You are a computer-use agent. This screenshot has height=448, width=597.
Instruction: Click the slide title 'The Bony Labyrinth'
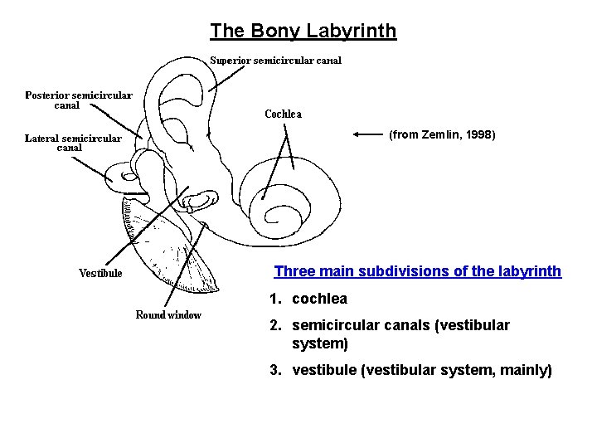click(303, 32)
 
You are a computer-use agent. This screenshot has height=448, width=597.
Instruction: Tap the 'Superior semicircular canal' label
click(275, 61)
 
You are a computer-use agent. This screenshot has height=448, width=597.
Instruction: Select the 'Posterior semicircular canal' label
click(78, 100)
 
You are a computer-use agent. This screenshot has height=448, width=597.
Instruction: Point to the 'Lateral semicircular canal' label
click(73, 143)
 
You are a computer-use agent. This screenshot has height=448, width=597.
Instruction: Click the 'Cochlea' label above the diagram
click(283, 114)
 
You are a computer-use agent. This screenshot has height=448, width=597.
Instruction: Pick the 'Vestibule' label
click(100, 273)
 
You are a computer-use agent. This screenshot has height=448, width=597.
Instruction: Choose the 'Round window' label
click(168, 315)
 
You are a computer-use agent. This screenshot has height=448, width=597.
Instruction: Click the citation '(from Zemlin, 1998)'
click(442, 134)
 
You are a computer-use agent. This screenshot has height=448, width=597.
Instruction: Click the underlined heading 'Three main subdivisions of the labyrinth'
click(417, 272)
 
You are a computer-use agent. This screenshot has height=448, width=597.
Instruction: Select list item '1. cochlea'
click(308, 299)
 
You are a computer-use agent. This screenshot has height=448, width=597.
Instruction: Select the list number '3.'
click(274, 371)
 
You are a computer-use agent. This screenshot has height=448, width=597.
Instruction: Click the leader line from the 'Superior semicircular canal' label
click(226, 78)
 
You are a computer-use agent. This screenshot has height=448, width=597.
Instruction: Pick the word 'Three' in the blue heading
click(293, 272)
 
